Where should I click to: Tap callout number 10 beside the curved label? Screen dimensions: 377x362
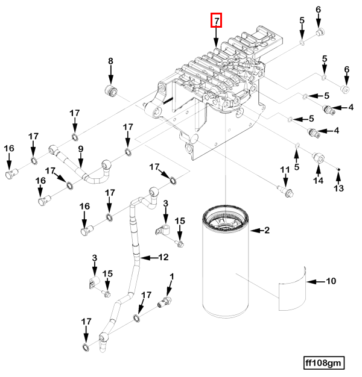[x=330, y=281]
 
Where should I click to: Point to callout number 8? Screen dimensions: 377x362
[x=110, y=61]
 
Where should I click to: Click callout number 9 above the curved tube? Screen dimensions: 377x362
[x=80, y=149]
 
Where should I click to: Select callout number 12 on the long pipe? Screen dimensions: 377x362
[x=163, y=257]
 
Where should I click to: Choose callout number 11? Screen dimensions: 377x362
[x=285, y=172]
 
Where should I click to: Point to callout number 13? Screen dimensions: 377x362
[x=338, y=188]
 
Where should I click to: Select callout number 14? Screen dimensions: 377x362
[x=318, y=180]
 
